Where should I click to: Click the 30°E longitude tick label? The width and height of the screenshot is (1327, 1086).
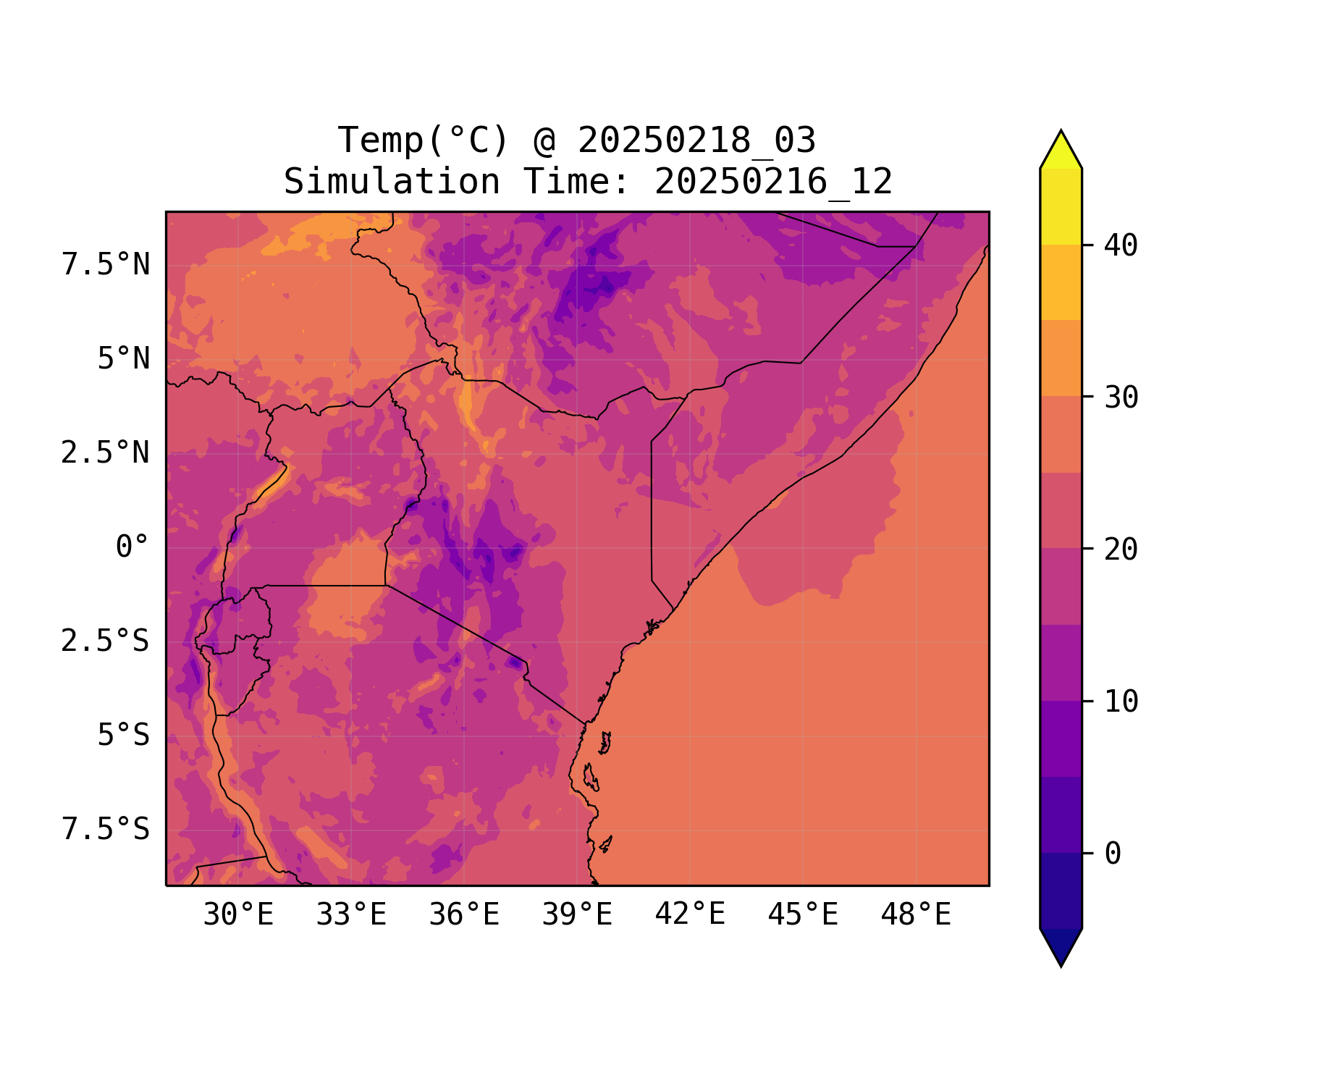coord(238,914)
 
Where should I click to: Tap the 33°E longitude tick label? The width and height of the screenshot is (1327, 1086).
coord(351,914)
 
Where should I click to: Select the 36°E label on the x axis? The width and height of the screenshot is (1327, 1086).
coord(464,914)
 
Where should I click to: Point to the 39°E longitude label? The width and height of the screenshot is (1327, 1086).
coord(577,914)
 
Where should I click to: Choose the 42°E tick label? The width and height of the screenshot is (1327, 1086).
coord(690,914)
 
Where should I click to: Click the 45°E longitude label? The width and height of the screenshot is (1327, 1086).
coord(803,914)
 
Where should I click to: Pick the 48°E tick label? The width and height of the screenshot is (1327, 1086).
coord(916,914)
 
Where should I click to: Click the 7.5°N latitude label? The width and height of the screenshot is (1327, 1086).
coord(106,265)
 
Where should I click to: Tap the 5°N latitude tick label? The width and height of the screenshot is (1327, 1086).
coord(124,359)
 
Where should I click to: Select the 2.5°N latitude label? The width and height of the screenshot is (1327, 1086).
coord(106,453)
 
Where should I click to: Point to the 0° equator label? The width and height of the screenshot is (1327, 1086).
coord(132,547)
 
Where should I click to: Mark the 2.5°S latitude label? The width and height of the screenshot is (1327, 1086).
coord(106,641)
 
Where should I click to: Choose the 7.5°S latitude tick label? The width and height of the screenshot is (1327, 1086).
coord(106,829)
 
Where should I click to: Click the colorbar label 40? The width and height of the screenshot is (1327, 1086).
coord(1121,245)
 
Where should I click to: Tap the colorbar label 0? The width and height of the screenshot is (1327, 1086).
coord(1113,854)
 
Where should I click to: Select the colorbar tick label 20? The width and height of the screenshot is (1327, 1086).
coord(1121,550)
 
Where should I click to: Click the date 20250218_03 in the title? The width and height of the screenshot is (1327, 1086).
coord(696,140)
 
